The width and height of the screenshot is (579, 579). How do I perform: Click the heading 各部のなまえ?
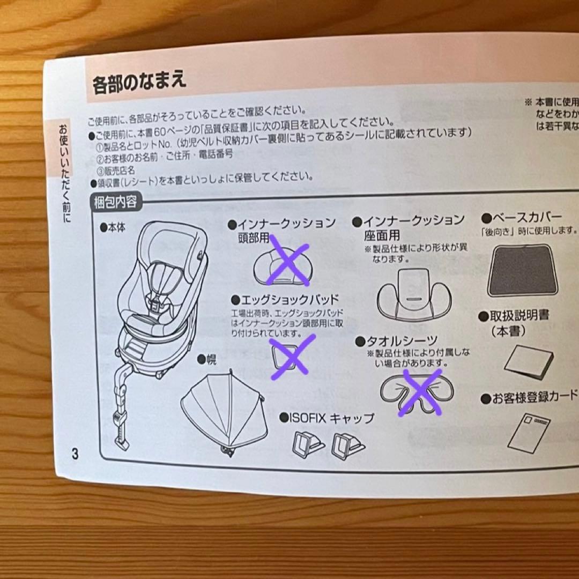(139, 84)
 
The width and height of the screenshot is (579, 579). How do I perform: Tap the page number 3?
(75, 454)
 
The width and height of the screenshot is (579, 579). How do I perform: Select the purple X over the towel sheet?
(423, 391)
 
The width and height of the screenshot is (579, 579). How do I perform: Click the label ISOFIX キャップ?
(327, 417)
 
